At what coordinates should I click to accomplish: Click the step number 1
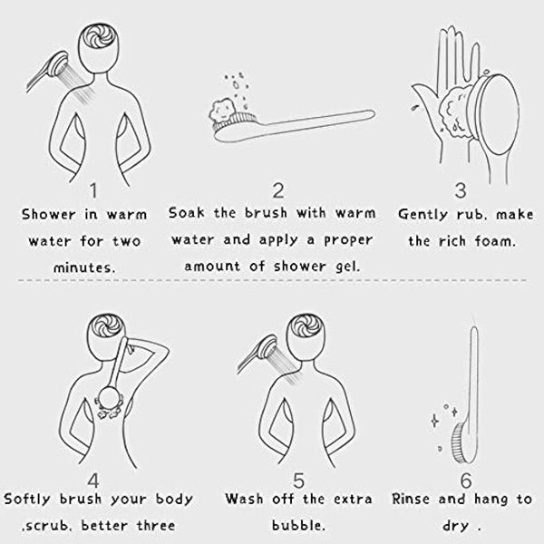coord(93,190)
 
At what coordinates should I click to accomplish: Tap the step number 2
coord(278,190)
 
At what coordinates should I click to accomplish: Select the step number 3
coord(461,190)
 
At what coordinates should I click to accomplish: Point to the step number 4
coord(93,481)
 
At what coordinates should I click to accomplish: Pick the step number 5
coord(298,481)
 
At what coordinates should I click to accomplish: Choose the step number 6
coord(466,481)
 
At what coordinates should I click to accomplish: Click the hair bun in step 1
coord(100,36)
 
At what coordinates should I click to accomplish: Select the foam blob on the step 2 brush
coord(221,110)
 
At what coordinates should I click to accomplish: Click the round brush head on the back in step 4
coord(110,398)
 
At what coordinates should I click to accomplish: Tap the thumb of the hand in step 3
coord(426,96)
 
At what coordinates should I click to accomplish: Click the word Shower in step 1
coord(48,214)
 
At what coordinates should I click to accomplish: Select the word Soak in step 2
coord(186,213)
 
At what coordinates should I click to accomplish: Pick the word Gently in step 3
coord(423,214)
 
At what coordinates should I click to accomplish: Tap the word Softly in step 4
coord(28,500)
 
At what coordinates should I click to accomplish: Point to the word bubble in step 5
coord(298,525)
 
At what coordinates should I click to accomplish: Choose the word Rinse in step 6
coord(411,499)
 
